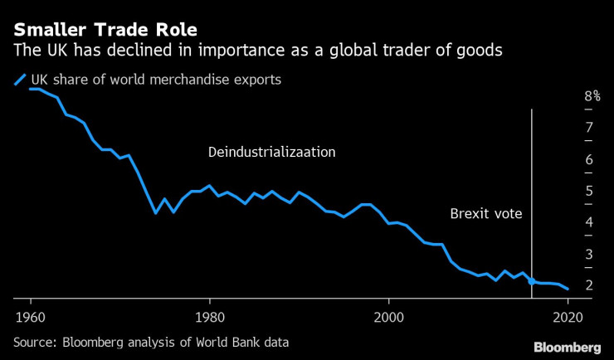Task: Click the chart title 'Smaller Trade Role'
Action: tap(105, 30)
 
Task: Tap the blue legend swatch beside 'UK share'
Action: tap(19, 80)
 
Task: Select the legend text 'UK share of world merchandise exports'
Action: tap(156, 80)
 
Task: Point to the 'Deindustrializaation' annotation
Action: tap(272, 153)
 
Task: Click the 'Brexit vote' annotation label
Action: tap(485, 213)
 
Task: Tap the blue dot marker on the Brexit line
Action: tap(531, 281)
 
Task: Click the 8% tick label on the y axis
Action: tap(592, 96)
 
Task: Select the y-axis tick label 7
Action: tap(588, 128)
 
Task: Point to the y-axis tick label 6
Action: tap(588, 159)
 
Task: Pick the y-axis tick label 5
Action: tap(588, 191)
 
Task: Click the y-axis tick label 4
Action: tap(588, 222)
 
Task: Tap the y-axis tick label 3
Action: tap(588, 254)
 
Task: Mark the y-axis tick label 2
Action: tap(588, 285)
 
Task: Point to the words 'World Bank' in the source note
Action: tap(235, 342)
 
